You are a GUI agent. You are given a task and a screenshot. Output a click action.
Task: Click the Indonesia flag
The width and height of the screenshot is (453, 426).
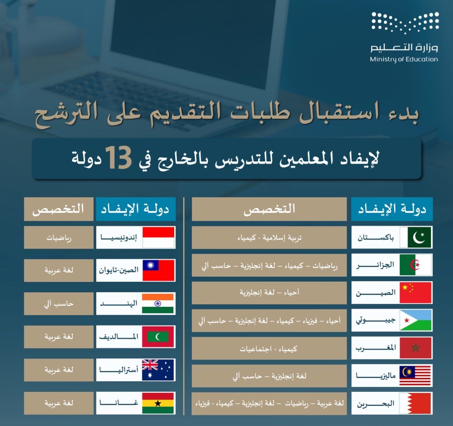point(159,237)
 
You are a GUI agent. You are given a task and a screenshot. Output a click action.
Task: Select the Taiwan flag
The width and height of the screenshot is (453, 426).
point(159,270)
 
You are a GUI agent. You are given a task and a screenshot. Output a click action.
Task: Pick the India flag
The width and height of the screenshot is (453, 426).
point(158,304)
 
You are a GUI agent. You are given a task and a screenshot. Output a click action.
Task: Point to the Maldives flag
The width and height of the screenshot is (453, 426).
point(158,337)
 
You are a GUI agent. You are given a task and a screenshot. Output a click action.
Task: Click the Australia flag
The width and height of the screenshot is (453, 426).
point(158,370)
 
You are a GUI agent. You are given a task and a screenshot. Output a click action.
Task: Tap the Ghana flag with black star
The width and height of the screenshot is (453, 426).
point(158,403)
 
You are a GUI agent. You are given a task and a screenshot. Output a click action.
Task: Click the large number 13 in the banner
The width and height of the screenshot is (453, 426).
point(118,158)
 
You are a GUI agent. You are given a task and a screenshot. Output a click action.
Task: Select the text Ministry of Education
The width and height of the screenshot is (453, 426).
point(404,59)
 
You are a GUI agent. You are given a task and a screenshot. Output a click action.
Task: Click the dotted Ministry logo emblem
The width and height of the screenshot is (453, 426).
point(405,22)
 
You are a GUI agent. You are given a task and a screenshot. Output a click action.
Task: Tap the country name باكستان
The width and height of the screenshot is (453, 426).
point(376,238)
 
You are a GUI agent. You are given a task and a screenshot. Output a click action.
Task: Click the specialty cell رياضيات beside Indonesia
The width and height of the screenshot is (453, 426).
point(59,237)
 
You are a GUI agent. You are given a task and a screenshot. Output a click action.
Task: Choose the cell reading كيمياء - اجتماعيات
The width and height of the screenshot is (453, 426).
point(269,348)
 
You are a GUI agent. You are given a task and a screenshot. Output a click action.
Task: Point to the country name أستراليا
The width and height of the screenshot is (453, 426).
point(119,369)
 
